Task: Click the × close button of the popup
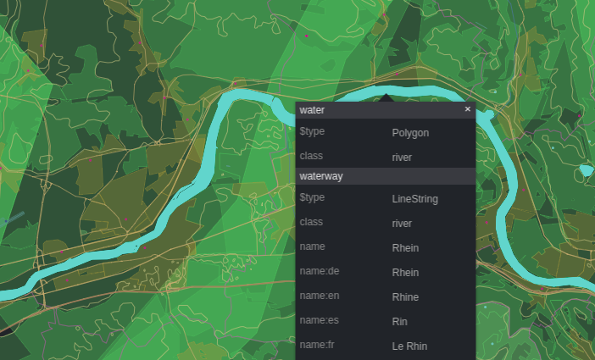467,109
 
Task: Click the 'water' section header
312,110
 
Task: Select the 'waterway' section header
321,175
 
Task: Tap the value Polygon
410,133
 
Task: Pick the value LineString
414,199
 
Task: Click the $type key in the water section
312,132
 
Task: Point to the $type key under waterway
312,198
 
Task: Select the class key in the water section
311,157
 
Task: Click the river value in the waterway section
402,224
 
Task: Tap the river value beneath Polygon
402,158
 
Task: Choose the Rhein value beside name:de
405,273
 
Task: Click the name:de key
319,272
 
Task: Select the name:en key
320,296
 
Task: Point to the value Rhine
405,297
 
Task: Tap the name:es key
319,321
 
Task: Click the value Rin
399,322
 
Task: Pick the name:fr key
317,346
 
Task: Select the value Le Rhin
409,346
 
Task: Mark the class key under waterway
311,223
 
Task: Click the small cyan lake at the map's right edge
585,171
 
